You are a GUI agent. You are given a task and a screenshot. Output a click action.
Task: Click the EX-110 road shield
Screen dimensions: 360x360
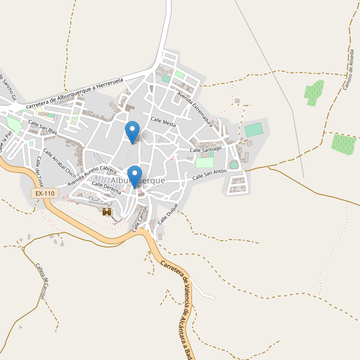pyautogui.click(x=45, y=193)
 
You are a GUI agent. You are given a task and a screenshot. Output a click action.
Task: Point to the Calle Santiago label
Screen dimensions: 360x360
pyautogui.click(x=206, y=148)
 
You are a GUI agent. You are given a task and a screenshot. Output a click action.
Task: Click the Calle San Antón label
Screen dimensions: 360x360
pyautogui.click(x=209, y=175)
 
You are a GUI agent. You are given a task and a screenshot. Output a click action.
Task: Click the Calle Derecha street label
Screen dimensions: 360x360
pyautogui.click(x=106, y=188)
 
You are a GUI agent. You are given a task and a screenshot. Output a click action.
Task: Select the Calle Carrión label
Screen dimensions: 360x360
pyautogui.click(x=140, y=218)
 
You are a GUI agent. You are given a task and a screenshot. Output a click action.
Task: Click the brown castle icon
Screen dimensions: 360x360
pyautogui.click(x=107, y=212)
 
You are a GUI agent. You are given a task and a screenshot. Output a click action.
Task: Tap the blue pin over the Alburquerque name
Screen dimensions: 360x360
pyautogui.click(x=134, y=175)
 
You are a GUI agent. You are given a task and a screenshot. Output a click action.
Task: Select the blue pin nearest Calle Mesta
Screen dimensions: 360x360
pyautogui.click(x=132, y=131)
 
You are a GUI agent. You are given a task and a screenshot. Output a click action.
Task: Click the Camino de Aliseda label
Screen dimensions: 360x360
pyautogui.click(x=349, y=69)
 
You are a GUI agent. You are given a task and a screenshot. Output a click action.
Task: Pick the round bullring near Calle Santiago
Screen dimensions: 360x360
pyautogui.click(x=234, y=164)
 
